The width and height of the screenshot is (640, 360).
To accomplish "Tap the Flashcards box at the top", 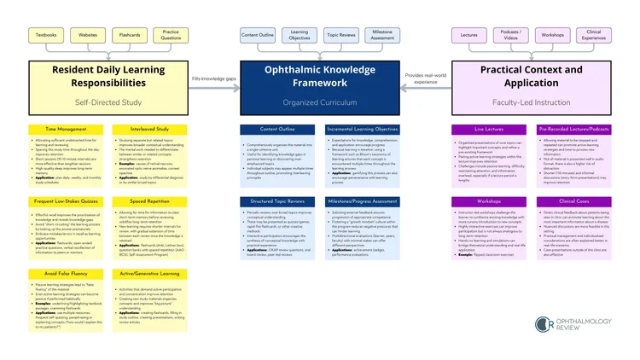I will [130, 35].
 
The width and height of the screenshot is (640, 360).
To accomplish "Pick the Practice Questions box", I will [172, 35].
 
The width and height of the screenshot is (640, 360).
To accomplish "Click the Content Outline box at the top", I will [258, 35].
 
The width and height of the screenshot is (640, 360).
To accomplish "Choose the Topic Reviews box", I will [341, 35].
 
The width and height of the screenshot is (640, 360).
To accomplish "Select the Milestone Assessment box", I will [383, 35].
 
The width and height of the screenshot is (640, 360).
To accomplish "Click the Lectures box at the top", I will [468, 35].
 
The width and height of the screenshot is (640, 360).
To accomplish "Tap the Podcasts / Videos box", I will [510, 35].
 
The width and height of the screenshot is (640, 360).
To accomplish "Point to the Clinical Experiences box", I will [594, 35].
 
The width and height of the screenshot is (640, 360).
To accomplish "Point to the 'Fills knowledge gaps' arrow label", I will [214, 77].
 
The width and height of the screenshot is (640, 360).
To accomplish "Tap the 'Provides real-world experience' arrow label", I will [425, 79].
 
